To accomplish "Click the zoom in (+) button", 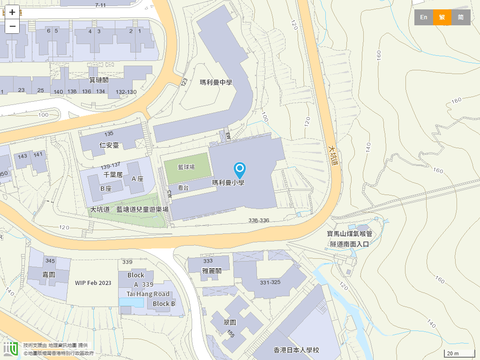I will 12,12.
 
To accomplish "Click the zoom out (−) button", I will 12,26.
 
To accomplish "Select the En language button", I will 423,17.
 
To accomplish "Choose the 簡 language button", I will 461,17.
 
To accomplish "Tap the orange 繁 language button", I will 442,17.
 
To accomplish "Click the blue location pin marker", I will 240,170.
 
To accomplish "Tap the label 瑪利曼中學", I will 216,82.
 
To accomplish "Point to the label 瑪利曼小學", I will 228,183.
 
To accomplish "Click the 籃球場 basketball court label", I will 186,167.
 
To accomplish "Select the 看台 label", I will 183,187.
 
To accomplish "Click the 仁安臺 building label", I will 109,145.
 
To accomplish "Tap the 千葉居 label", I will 112,175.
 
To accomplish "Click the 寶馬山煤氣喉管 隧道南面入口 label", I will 350,239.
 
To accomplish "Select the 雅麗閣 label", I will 211,270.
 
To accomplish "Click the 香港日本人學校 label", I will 296,350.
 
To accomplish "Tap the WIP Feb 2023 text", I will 93,283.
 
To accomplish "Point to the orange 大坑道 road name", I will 333,155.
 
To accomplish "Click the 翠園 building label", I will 230,322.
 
